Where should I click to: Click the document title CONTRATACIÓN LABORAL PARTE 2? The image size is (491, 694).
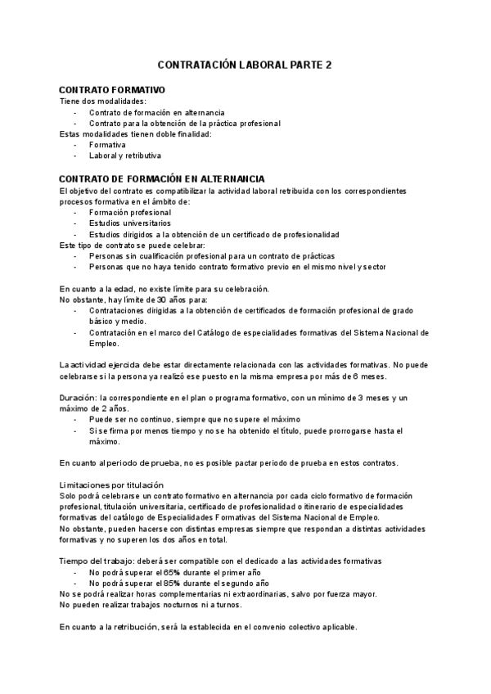245,65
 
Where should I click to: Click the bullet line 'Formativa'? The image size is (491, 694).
107,144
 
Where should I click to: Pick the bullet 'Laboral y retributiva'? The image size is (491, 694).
125,155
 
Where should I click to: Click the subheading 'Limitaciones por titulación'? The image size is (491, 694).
112,485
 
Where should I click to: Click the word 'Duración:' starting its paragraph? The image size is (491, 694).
79,397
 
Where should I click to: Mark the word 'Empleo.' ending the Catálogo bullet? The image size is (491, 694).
105,344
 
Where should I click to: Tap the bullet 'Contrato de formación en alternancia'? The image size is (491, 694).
157,112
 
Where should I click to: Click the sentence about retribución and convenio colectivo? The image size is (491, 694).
209,627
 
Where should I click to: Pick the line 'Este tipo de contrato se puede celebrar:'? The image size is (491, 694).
133,245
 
